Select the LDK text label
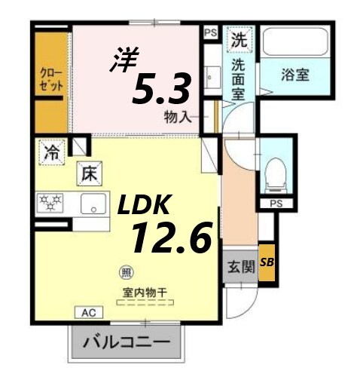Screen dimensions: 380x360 [x=145, y=204]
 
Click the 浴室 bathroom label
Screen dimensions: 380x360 [x=296, y=75]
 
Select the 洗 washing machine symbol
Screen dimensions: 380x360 [x=239, y=37]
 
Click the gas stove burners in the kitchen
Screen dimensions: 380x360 [x=51, y=203]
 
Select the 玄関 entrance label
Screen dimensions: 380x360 [x=240, y=268]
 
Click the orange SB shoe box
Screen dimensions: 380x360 [x=267, y=262]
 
